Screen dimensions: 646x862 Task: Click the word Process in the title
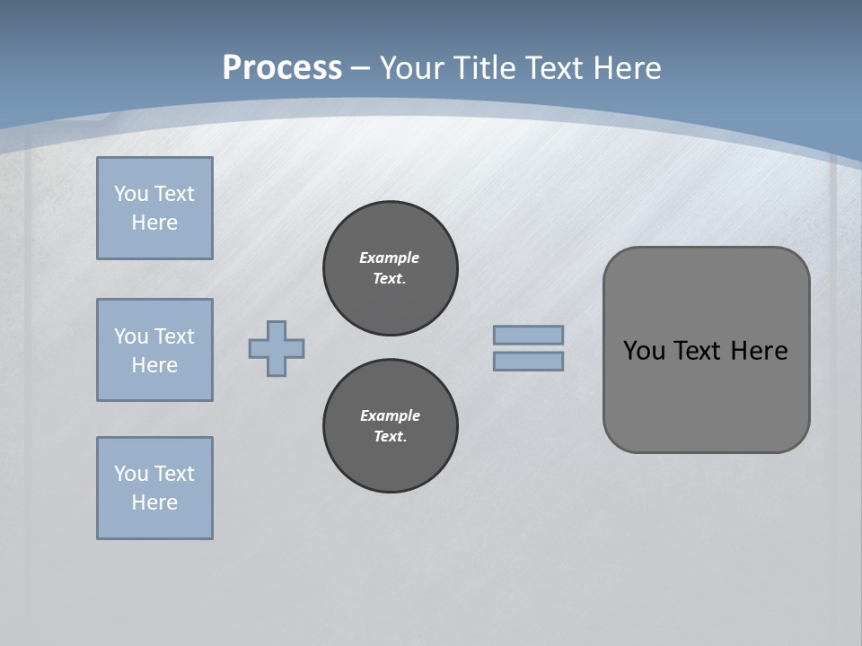282,68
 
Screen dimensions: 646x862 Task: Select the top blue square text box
154,208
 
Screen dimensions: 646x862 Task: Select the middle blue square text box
154,350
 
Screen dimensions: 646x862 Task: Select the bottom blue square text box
154,488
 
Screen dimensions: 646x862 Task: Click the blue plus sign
277,348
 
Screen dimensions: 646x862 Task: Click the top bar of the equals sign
528,336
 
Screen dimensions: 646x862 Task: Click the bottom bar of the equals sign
528,361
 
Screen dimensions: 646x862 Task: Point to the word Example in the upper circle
389,258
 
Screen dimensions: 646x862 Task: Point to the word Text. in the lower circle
390,436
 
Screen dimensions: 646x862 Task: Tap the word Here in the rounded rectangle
759,351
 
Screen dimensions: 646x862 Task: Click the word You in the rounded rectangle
644,351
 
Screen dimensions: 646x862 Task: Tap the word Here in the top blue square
154,223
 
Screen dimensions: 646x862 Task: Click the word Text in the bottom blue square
174,474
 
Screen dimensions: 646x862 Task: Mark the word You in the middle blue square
131,336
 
